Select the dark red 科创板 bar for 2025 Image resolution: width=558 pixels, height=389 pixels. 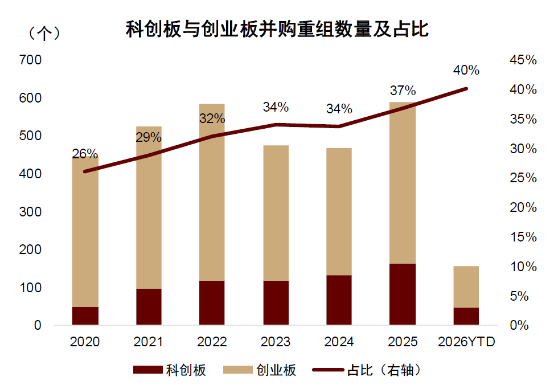(403, 294)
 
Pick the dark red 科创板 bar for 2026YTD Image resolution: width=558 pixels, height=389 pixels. (466, 316)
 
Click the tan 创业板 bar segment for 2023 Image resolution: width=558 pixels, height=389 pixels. (276, 213)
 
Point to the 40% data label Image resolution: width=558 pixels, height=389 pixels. (466, 71)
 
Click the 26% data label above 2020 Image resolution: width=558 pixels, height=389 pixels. (85, 154)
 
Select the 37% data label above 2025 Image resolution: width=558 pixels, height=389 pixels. (403, 90)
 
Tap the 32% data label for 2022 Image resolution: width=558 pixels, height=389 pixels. (212, 119)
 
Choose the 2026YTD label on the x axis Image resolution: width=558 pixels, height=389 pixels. (466, 342)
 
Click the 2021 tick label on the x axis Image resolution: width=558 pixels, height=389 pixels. (148, 342)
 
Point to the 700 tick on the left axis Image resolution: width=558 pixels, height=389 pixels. (30, 60)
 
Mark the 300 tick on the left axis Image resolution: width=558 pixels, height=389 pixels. (30, 212)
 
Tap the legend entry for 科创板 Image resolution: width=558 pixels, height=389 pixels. (170, 370)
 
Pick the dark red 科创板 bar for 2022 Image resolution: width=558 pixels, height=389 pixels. (212, 302)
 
